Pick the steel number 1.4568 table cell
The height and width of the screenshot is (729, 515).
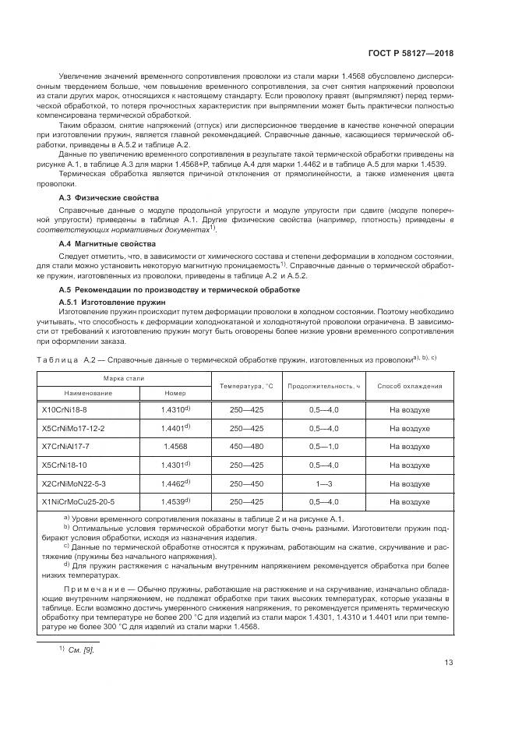point(175,446)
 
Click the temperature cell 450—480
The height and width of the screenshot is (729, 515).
point(245,446)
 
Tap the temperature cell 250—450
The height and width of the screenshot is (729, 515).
point(245,483)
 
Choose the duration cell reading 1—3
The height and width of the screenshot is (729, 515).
point(323,483)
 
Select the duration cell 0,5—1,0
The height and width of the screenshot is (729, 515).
point(323,446)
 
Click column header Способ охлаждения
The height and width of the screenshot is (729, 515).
point(410,386)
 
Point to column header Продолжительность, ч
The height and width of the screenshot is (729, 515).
point(323,386)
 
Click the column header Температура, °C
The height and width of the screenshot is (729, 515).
point(245,386)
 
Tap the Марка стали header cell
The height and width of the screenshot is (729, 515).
point(125,378)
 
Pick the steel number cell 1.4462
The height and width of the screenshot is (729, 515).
point(175,483)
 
